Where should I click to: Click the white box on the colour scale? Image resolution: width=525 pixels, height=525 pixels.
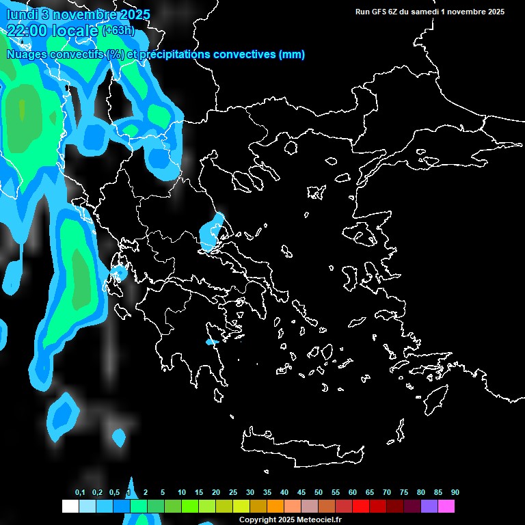70,507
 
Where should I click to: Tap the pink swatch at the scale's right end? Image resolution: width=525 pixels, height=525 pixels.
446,507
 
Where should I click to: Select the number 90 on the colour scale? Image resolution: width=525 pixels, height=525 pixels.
455,493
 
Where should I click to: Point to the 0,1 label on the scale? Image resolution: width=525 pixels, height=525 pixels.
80,493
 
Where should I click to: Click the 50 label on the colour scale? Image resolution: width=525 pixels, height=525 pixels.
319,493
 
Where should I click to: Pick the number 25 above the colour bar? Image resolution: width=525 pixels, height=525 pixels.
233,493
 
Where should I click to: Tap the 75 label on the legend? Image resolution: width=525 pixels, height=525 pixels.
404,493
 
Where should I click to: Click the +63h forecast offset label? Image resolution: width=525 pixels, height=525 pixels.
118,30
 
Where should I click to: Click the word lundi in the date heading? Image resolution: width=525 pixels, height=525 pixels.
23,14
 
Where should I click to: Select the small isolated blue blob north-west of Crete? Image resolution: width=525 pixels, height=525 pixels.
119,436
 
